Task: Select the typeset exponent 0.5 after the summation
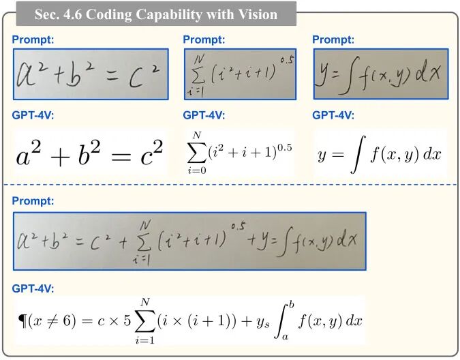pyautogui.click(x=282, y=147)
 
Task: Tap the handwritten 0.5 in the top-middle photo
pyautogui.click(x=286, y=59)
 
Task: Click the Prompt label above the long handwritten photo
pyautogui.click(x=33, y=201)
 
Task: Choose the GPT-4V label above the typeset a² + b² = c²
pyautogui.click(x=33, y=115)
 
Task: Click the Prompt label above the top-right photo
pyautogui.click(x=333, y=40)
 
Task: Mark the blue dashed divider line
pyautogui.click(x=230, y=185)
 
